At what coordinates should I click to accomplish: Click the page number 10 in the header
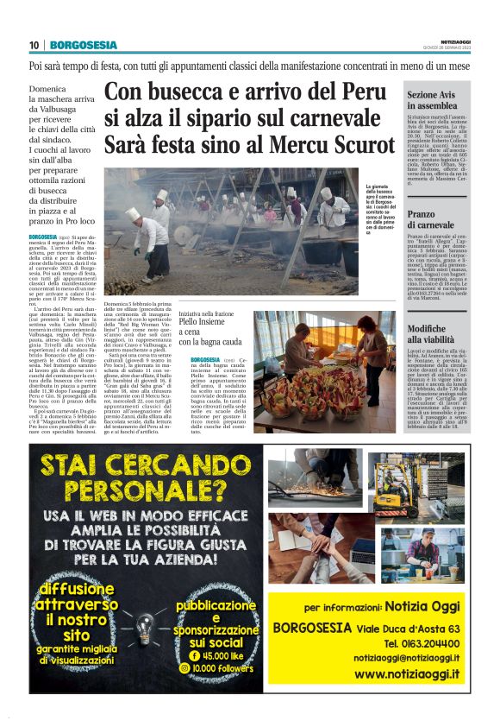[34, 45]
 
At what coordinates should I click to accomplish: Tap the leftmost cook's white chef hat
[132, 212]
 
